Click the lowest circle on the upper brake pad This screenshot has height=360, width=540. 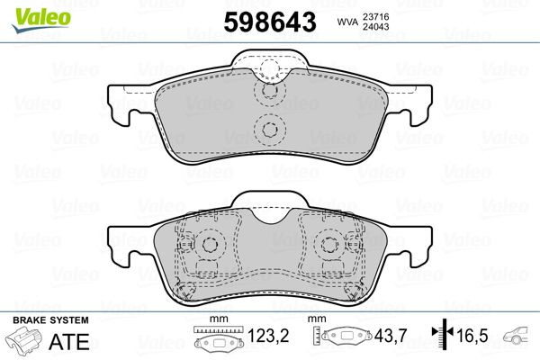click(x=268, y=130)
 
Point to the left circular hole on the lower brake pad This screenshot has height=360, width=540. click(x=209, y=245)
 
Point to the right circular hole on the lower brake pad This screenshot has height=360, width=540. click(x=329, y=245)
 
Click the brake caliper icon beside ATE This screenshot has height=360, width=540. click(x=24, y=342)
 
